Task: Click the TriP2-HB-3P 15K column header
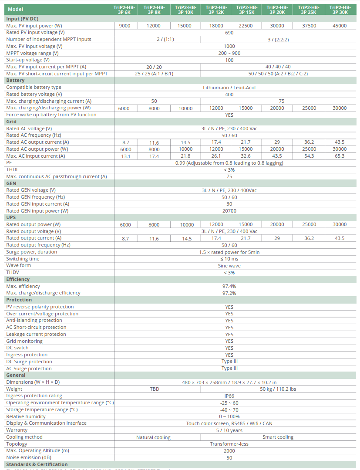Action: pos(246,10)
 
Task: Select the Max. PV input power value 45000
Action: pos(340,26)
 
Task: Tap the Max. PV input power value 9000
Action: pos(124,26)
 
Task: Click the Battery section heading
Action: pos(15,81)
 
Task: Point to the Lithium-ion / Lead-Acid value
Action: pos(229,88)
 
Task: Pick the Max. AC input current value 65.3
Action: pos(340,156)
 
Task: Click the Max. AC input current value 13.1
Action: pos(124,156)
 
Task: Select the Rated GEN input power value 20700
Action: pos(229,211)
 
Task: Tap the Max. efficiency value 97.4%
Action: pos(229,286)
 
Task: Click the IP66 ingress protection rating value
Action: pos(229,396)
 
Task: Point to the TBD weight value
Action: pos(154,389)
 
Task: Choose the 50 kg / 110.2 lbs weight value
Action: pos(278,389)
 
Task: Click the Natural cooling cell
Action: pos(153,437)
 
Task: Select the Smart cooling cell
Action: pos(278,437)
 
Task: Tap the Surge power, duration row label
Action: pos(31,252)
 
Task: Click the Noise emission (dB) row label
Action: pos(29,457)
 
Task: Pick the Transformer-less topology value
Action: pos(229,444)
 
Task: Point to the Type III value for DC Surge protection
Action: pos(229,362)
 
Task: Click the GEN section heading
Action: pos(11,183)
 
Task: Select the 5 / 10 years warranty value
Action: pos(229,430)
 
